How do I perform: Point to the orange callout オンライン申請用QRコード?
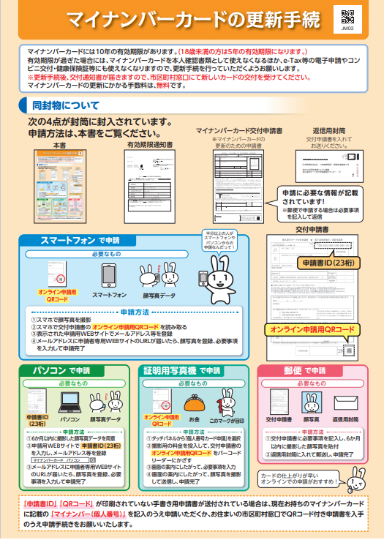click(312, 331)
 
